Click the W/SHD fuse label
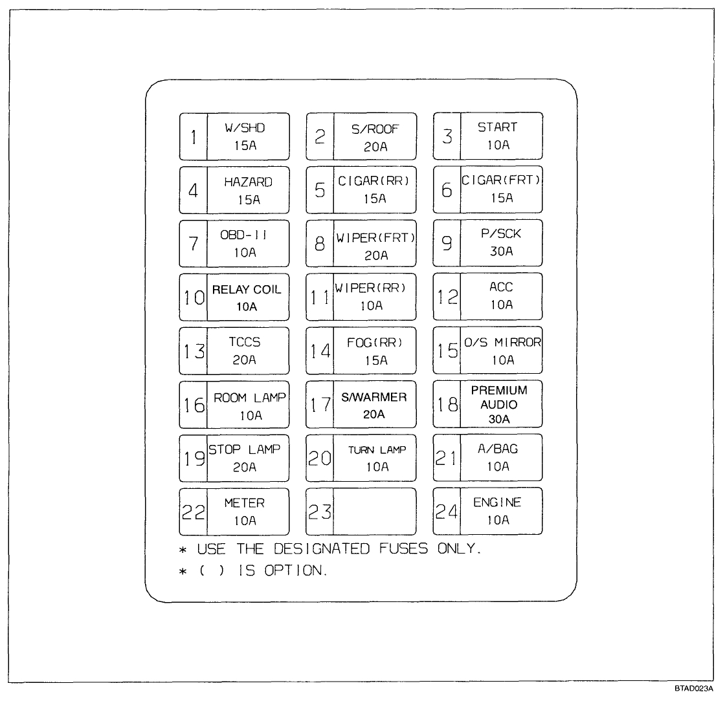pos(245,128)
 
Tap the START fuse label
pos(497,127)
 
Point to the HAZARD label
pos(248,182)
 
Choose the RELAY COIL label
pos(247,290)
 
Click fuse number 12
pos(447,297)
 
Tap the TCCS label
pos(245,343)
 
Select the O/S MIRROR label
pos(502,343)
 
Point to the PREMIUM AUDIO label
pos(499,397)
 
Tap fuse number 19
pos(193,458)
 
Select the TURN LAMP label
pos(377,450)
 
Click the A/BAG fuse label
pos(498,449)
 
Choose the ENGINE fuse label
pos(497,502)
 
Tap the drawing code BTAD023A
pos(695,689)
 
